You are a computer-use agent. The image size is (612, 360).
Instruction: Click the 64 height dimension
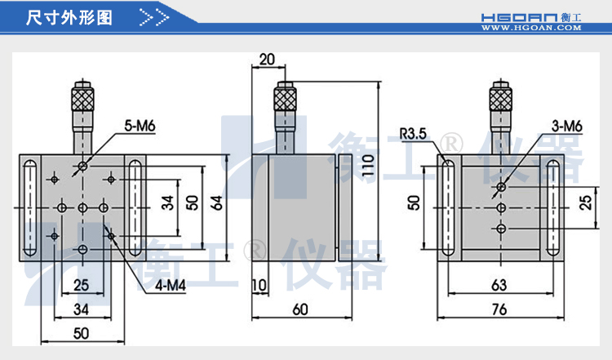(216, 203)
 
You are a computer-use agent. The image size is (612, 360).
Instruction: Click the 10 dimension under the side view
(259, 284)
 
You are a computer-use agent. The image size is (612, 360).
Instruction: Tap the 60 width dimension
(300, 309)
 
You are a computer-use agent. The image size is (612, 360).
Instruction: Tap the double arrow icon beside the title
(154, 17)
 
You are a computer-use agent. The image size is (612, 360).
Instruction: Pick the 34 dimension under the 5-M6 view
(82, 309)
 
